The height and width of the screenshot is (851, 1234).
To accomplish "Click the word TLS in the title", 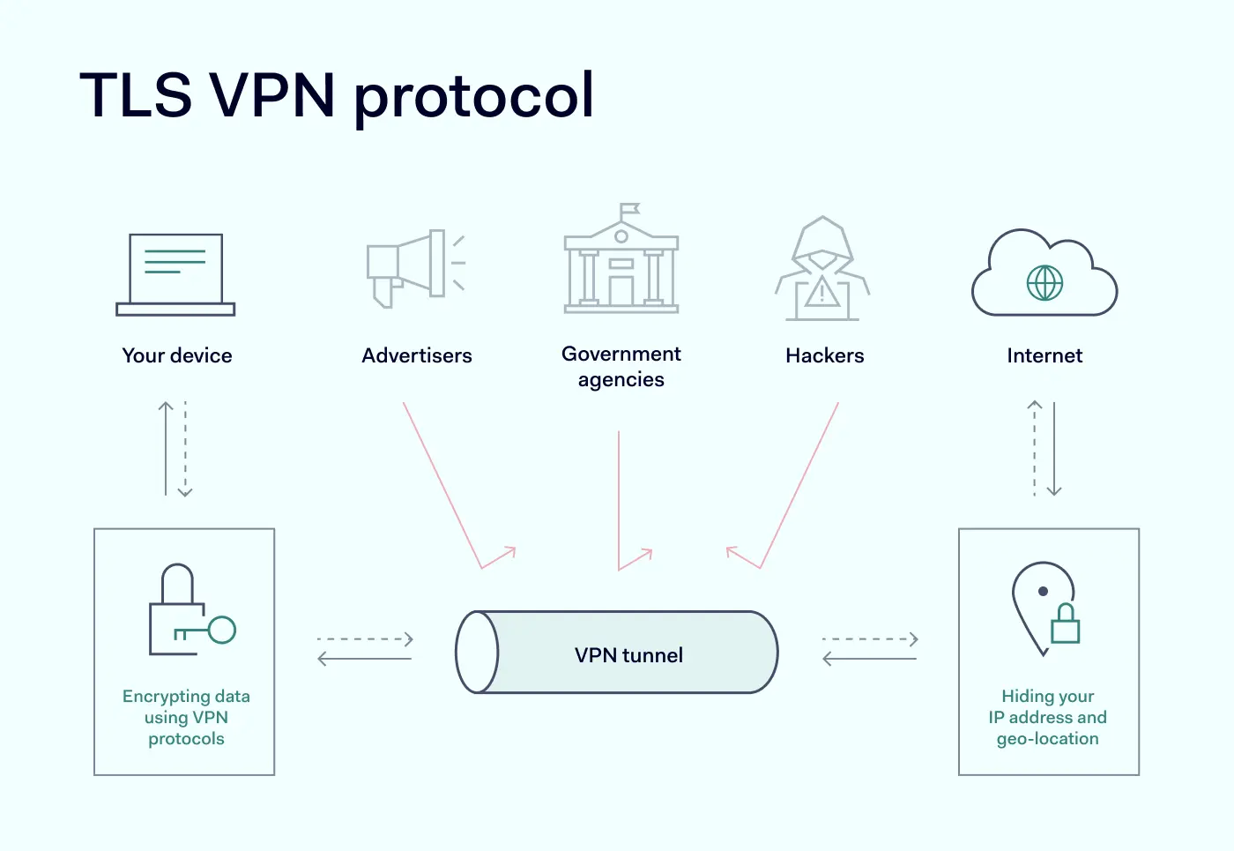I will (136, 94).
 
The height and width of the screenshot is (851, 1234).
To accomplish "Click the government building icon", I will (621, 265).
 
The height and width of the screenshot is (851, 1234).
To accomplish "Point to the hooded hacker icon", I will (822, 269).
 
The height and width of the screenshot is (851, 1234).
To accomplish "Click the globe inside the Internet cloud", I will (1044, 283).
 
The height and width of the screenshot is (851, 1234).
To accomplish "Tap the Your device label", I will (177, 355).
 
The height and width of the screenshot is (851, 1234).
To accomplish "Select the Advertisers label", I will (417, 355).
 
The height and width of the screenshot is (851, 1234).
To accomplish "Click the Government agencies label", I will (621, 366).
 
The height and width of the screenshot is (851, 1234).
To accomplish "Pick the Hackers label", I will (825, 355).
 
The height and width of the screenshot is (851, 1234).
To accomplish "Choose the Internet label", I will (1044, 355).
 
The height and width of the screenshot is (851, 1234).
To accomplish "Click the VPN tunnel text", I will (628, 655).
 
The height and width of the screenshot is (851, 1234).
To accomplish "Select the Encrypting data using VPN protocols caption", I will (186, 717).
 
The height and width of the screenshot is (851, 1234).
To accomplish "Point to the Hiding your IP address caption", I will (1047, 717).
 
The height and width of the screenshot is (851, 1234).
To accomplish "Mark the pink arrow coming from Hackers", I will (799, 485).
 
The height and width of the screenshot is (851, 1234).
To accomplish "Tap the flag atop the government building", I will (628, 210).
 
